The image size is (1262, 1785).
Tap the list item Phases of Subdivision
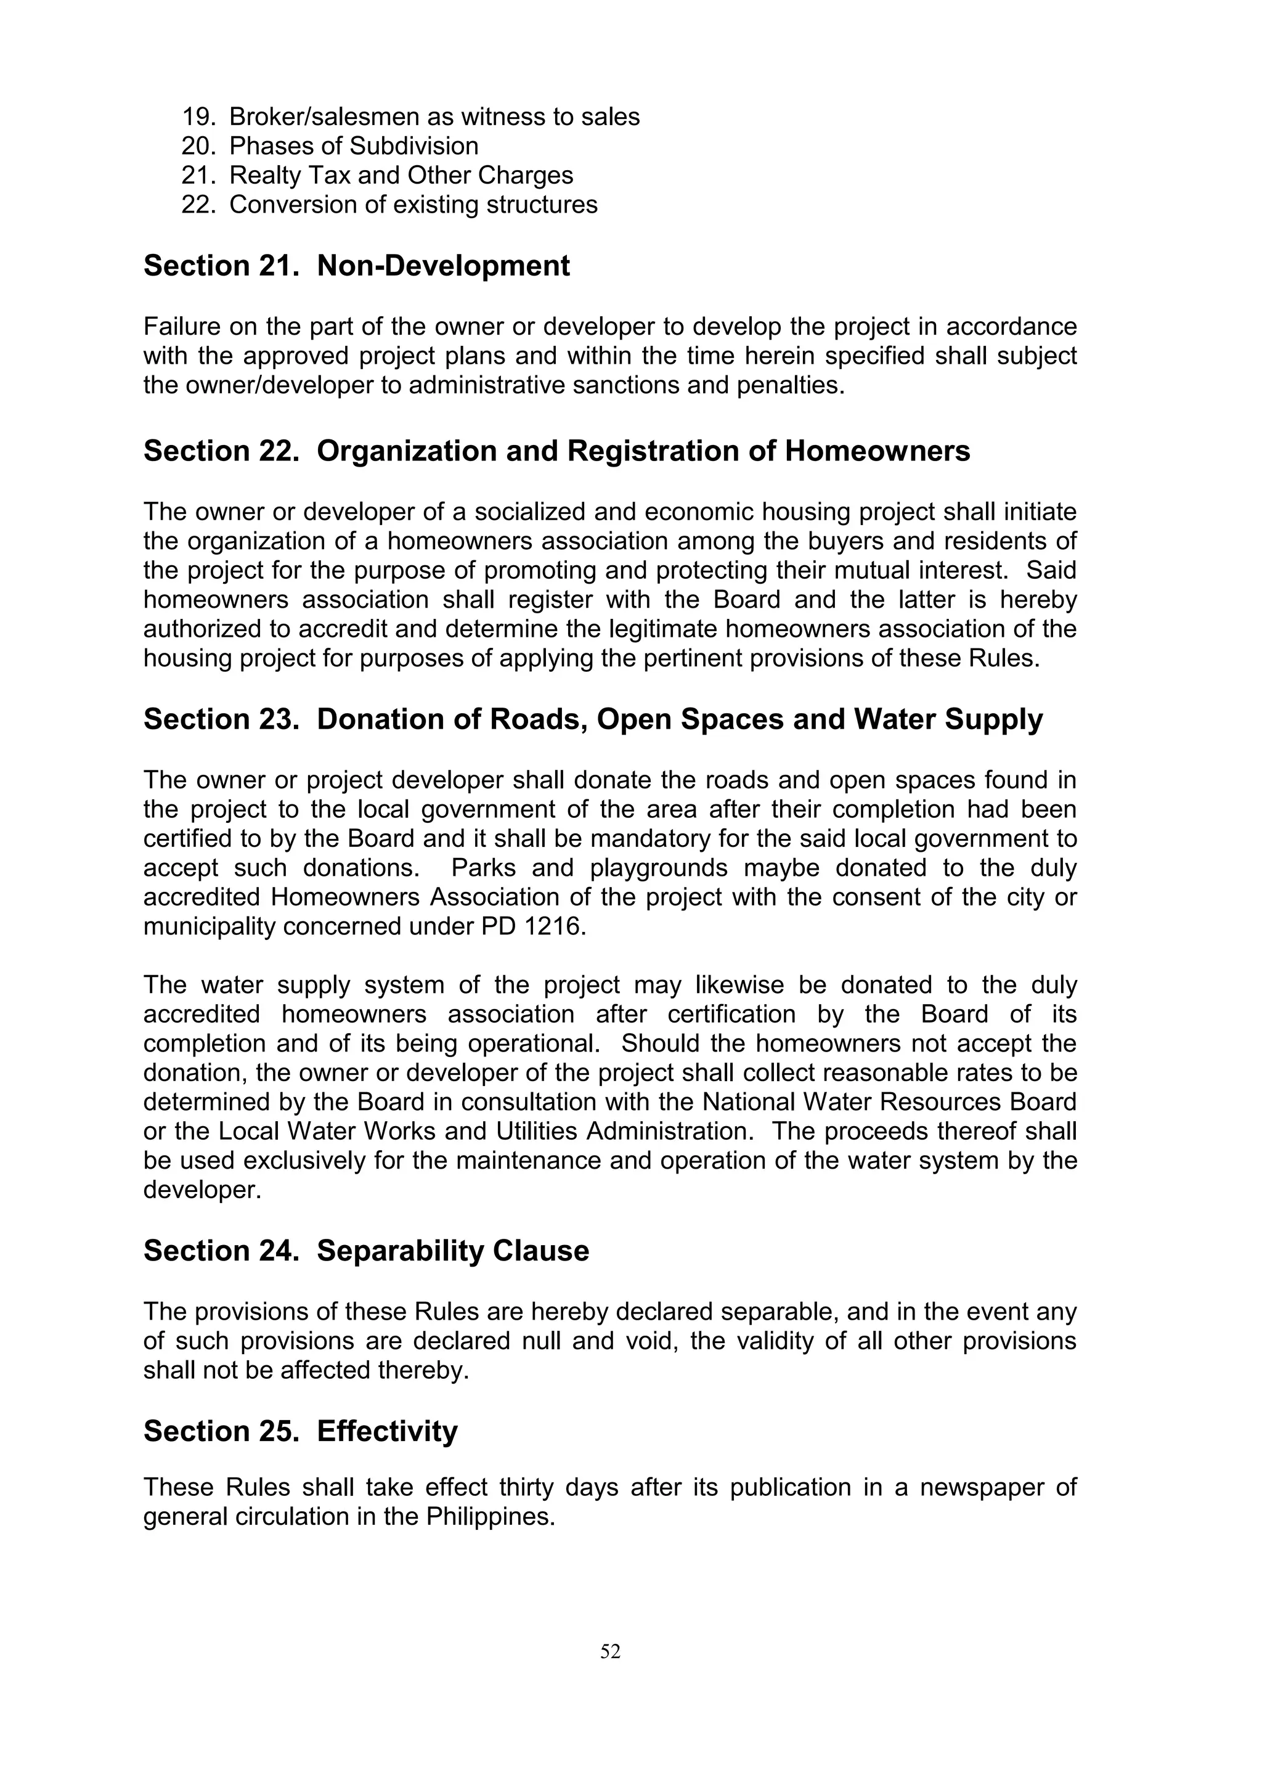pyautogui.click(x=354, y=146)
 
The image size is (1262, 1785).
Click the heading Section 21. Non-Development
pyautogui.click(x=356, y=266)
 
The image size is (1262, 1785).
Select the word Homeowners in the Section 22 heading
pyautogui.click(x=877, y=451)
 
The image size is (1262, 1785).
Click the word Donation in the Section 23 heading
pyautogui.click(x=374, y=719)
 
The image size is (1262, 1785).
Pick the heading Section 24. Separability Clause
pyautogui.click(x=366, y=1251)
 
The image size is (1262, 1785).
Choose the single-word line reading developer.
pyautogui.click(x=202, y=1190)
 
